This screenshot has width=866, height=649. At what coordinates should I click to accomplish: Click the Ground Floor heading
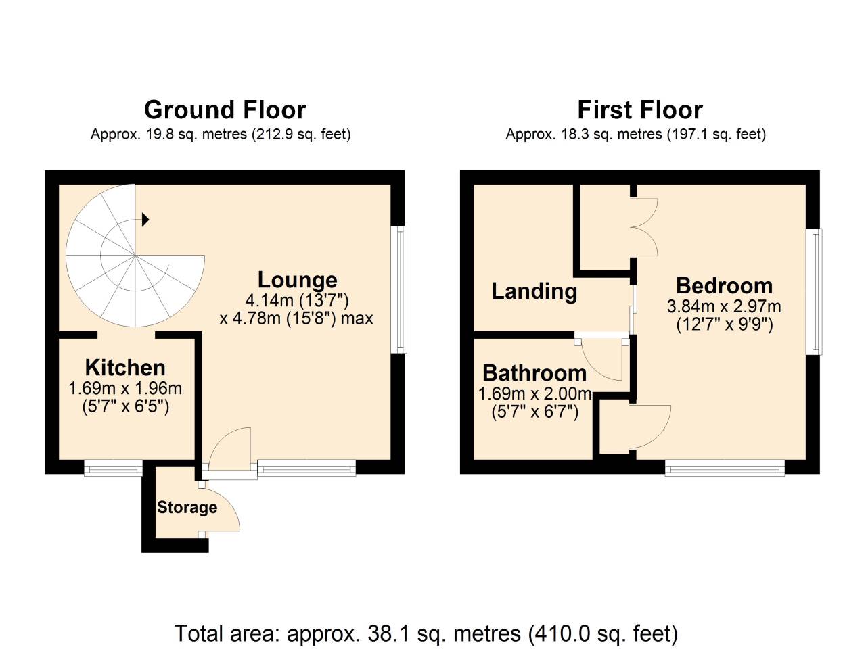pos(225,110)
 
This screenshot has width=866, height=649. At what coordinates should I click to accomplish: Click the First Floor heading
pos(639,110)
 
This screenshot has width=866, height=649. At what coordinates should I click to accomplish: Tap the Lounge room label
pos(297,280)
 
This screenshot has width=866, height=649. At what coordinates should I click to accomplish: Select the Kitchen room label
pos(125,368)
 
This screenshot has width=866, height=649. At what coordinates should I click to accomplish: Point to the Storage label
pos(187,508)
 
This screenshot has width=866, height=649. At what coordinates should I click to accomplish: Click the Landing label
pos(534,291)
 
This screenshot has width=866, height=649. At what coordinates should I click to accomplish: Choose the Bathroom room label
pos(534,373)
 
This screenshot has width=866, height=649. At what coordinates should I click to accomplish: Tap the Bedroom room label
pos(723,286)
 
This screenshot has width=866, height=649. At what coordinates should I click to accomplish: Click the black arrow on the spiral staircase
pos(145,219)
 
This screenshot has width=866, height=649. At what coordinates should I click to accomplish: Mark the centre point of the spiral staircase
pos(135,256)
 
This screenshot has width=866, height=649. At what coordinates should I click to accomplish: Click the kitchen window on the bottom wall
pos(113,467)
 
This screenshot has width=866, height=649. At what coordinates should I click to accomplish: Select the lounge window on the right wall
pos(401,289)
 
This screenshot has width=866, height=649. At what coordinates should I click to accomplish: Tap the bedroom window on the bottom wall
pos(725,468)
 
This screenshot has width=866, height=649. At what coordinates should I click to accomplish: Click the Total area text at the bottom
pos(426,633)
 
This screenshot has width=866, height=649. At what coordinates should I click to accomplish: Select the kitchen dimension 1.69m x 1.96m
pos(125,389)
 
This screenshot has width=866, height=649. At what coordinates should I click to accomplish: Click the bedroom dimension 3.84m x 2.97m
pos(723,306)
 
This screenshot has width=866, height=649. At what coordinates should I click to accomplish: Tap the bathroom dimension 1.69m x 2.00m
pos(534,394)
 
